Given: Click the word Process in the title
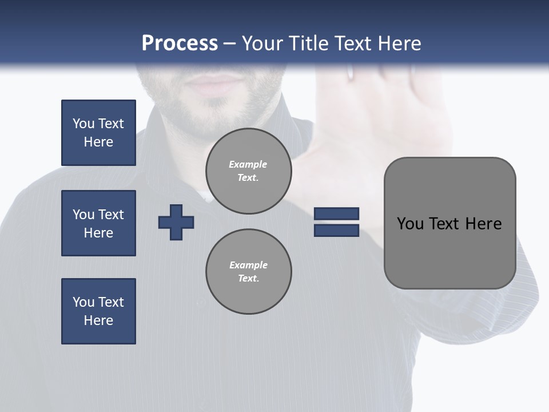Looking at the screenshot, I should point(180,43).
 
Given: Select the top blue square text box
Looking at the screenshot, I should point(98,133).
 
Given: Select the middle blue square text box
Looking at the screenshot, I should point(98,223).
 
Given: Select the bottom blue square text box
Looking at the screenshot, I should point(98,311).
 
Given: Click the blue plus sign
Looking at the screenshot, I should point(176,223).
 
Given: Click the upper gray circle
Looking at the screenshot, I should point(249,171).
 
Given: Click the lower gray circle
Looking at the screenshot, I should point(249,272).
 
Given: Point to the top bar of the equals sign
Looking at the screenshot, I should point(336,213).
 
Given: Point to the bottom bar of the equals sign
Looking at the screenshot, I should point(336,230).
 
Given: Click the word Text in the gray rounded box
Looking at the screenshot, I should point(445,224).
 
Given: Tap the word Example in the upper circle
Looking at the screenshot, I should point(248,164).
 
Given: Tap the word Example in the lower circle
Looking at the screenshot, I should point(248,265).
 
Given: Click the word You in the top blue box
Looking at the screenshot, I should point(83,124).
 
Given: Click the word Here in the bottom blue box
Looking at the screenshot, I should point(98,320).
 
